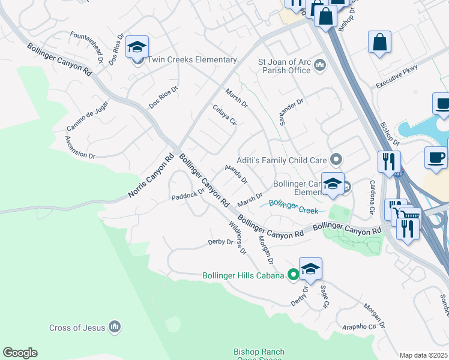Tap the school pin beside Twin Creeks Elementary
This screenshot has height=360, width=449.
pyautogui.click(x=137, y=48)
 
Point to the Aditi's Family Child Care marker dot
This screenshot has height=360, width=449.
pyautogui.click(x=336, y=160)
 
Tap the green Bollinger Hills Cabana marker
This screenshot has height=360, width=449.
pyautogui.click(x=293, y=275)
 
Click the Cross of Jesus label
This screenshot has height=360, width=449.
pyautogui.click(x=77, y=328)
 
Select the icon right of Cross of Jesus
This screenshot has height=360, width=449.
pyautogui.click(x=115, y=328)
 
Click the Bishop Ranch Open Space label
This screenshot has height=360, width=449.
pyautogui.click(x=259, y=356)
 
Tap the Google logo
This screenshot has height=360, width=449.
pyautogui.click(x=20, y=353)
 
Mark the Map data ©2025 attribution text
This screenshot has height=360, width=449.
pyautogui.click(x=423, y=355)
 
